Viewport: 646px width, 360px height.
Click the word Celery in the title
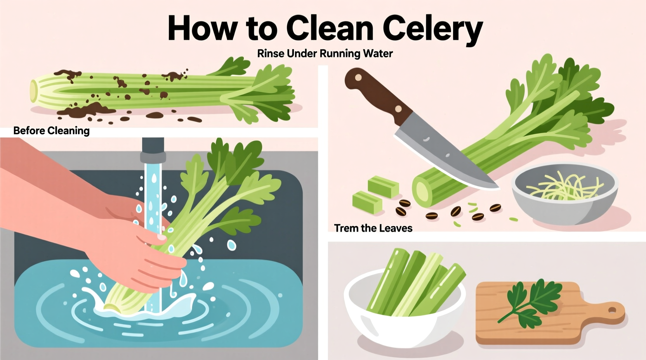point(432,28)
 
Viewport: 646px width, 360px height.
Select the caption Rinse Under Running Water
point(325,54)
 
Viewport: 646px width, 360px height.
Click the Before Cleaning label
point(51,131)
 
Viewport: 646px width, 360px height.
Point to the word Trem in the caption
point(346,228)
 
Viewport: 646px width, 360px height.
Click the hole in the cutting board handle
point(612,310)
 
